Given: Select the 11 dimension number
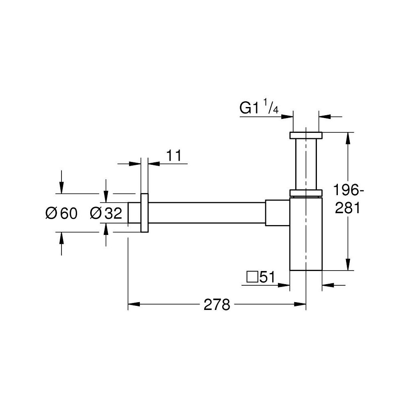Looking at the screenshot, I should pos(173,155).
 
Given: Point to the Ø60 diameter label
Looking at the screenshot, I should pos(61,213).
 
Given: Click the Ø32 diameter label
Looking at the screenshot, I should pos(106,213).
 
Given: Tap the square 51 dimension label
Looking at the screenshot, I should pos(260,277).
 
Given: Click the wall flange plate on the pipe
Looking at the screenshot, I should pos(144,213).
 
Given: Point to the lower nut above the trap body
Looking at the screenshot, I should pos(306,193).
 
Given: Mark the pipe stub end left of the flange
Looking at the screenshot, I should pos(134,213).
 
